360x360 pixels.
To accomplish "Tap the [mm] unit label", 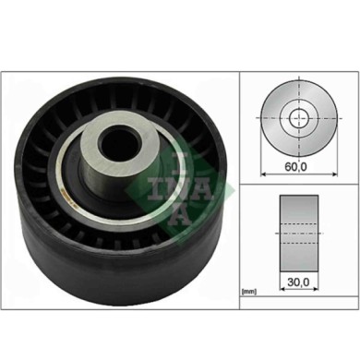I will tap(248, 292).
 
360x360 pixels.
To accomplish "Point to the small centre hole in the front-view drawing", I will tap(298, 118).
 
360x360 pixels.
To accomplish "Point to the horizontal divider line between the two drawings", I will tap(298, 184).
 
